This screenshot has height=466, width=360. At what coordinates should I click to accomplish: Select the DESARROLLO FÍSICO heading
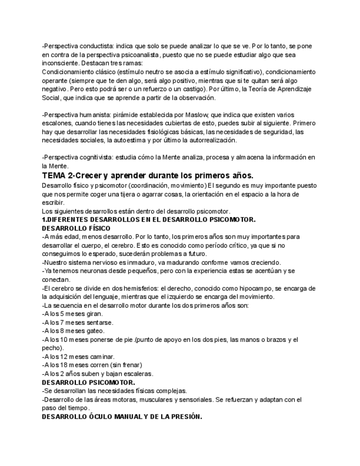[76, 228]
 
